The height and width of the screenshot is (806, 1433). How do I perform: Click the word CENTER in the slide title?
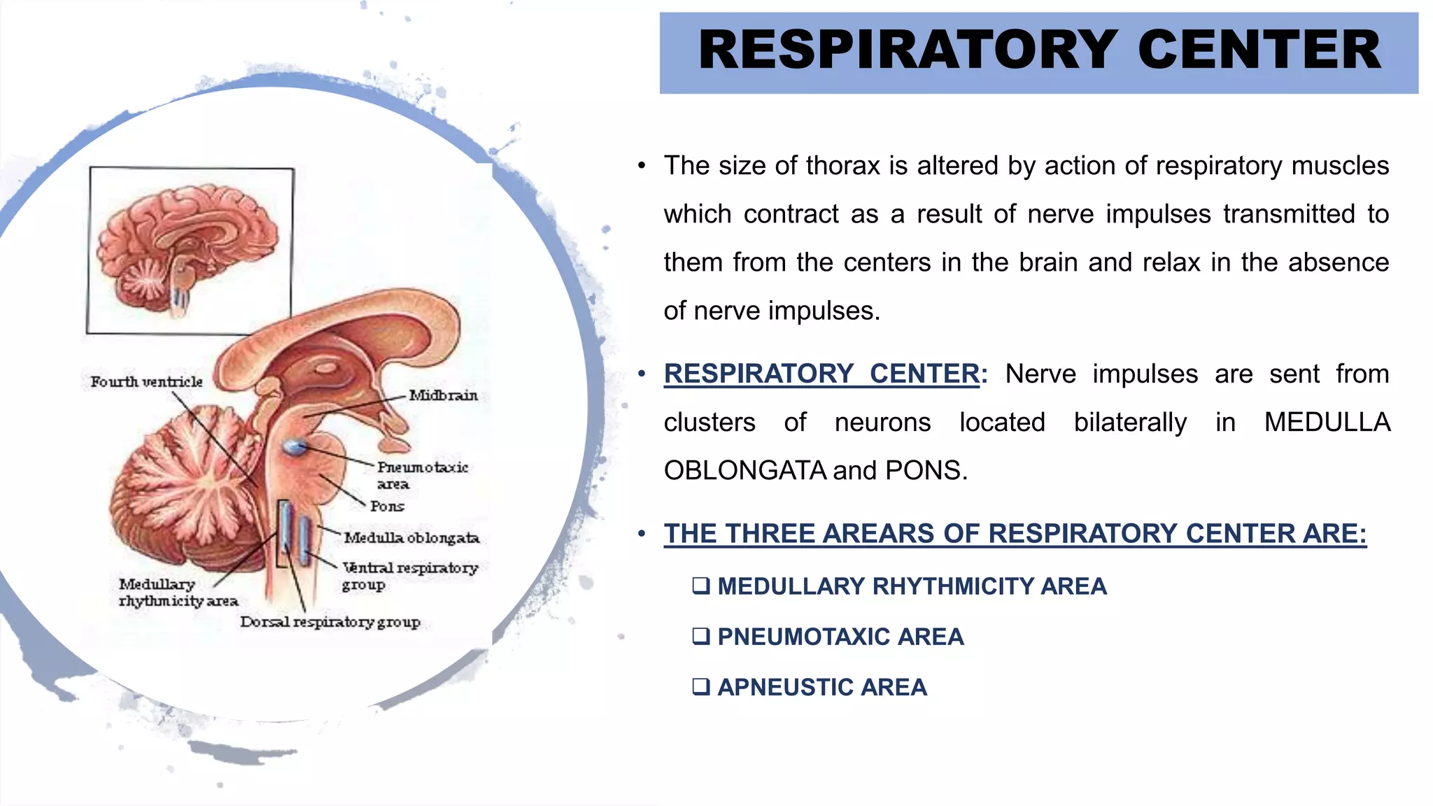[1259, 50]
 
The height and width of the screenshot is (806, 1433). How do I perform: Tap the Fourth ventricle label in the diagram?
[146, 382]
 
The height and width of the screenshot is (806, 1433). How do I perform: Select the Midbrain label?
[443, 396]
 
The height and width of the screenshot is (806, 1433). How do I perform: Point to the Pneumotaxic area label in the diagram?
[422, 475]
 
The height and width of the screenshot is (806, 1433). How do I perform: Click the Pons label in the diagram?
[387, 507]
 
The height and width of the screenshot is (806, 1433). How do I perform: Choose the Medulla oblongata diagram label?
[411, 538]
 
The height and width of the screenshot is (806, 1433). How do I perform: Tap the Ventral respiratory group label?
[409, 575]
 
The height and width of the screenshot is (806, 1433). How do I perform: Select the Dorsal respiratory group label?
[330, 622]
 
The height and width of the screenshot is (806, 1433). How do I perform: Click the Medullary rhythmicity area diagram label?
[178, 593]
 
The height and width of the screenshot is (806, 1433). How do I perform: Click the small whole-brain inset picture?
[190, 250]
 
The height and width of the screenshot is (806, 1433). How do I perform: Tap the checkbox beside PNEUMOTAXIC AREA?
[700, 636]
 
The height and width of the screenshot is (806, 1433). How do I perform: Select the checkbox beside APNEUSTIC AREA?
[700, 686]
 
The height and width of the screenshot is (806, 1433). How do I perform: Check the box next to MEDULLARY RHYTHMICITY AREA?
[700, 586]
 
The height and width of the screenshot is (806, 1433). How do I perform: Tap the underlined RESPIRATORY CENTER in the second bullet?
[821, 374]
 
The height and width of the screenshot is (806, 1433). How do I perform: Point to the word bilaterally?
[1130, 423]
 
